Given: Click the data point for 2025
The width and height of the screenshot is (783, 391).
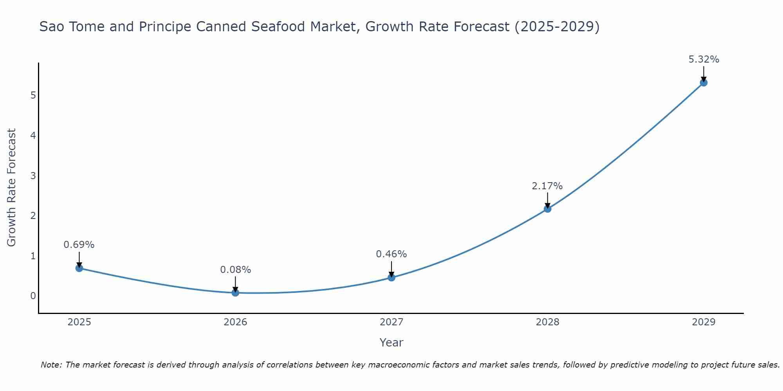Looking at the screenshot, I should click(79, 268).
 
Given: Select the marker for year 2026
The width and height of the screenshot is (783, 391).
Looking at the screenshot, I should click(235, 292).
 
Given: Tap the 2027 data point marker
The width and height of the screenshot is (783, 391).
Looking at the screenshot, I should click(391, 278).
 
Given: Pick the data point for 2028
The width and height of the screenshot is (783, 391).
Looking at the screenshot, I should click(547, 209).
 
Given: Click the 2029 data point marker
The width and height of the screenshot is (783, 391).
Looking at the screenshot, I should click(704, 83).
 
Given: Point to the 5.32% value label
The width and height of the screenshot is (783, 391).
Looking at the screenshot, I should click(704, 59).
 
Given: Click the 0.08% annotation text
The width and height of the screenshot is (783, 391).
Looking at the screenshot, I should click(235, 270).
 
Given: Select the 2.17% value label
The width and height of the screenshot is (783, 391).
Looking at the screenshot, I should click(547, 186).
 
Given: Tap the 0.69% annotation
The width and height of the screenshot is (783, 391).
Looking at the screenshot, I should click(79, 245).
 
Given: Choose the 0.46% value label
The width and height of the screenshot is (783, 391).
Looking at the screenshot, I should click(391, 254).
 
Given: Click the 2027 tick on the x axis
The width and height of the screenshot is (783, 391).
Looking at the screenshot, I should click(391, 322).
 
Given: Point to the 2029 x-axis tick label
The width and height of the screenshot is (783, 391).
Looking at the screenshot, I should click(704, 322).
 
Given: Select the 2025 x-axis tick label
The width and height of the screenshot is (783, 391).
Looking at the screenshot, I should click(79, 322).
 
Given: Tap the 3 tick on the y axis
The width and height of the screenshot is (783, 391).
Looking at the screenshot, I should click(33, 176).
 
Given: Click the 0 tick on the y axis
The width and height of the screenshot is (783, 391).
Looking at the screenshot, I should click(33, 296).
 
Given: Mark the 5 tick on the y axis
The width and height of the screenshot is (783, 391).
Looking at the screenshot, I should click(33, 95).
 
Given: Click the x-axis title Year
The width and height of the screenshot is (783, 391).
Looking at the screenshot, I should click(391, 343).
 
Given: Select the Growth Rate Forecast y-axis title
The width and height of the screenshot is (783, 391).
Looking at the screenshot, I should click(12, 188).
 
